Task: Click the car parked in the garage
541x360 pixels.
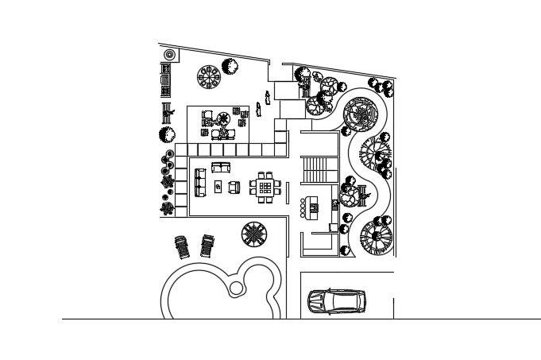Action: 337,301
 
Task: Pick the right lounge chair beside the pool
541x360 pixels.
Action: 208,246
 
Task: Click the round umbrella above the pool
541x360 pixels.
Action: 254,234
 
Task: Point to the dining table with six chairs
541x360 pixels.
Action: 265,188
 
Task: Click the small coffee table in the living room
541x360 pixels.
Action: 218,186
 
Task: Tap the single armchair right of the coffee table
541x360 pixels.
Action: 234,187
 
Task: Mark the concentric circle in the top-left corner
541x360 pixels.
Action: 168,55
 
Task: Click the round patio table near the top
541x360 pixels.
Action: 210,77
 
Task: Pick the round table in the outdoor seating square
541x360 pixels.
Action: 223,120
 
